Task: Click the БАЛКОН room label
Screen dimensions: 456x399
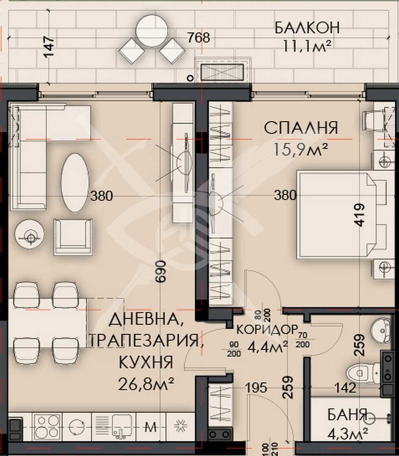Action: (x=307, y=28)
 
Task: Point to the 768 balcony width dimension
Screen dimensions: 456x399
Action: (x=198, y=38)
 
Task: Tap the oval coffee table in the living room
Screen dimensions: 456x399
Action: (x=75, y=183)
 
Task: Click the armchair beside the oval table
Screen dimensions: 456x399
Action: (x=73, y=236)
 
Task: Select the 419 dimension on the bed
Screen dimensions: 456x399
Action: (x=359, y=215)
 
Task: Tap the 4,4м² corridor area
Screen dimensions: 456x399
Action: (x=267, y=347)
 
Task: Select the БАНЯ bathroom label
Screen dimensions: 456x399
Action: (x=347, y=415)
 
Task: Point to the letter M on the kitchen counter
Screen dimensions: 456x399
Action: (x=151, y=426)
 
